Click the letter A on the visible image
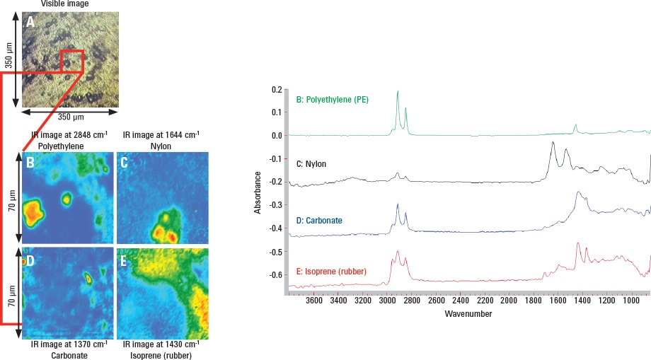pyautogui.click(x=30, y=22)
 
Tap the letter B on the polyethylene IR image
pyautogui.click(x=30, y=163)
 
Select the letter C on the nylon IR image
pyautogui.click(x=124, y=163)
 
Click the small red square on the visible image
pyautogui.click(x=71, y=62)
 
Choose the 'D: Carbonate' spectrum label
pyautogui.click(x=319, y=221)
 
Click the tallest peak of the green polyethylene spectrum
pyautogui.click(x=398, y=91)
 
